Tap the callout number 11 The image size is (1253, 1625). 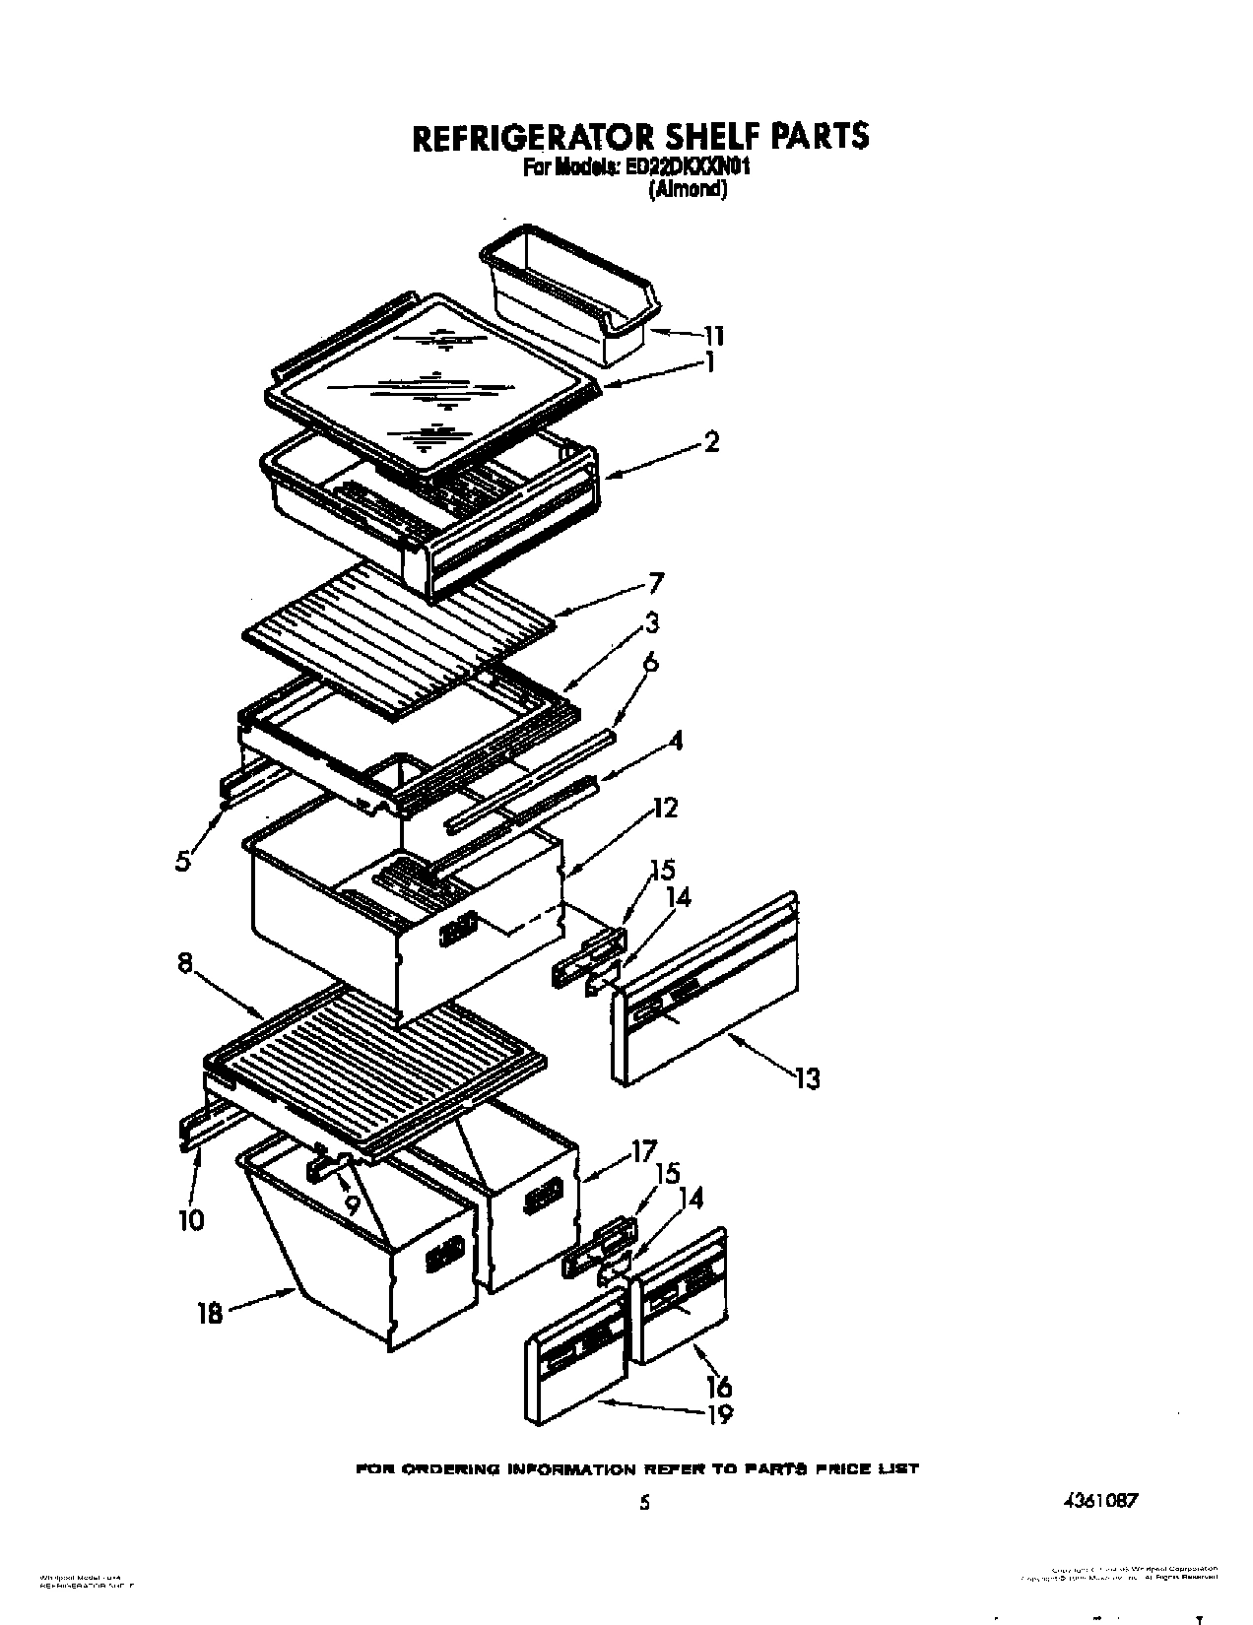714,336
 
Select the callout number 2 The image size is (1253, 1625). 711,442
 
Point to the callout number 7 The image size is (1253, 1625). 656,583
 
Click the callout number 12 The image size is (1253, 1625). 666,809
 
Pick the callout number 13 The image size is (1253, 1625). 807,1078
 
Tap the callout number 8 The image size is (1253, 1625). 185,964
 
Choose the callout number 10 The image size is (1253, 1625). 191,1219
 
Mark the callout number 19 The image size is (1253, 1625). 719,1415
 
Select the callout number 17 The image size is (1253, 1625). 644,1149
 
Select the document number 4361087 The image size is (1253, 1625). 1100,1501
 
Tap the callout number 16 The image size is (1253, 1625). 719,1386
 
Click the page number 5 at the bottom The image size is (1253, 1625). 644,1503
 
